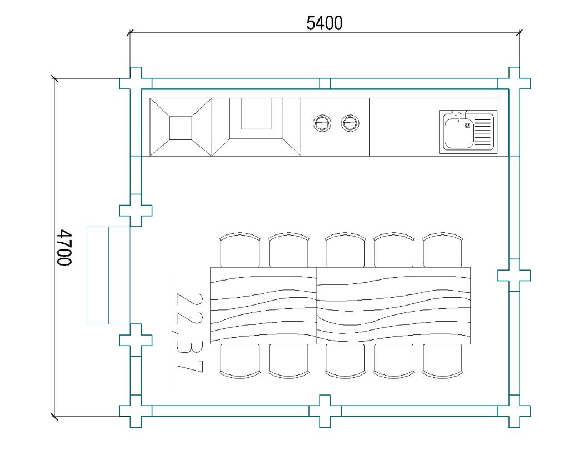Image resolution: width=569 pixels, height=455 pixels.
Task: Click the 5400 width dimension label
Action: click(x=325, y=23)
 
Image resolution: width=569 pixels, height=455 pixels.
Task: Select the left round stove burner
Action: click(x=322, y=123)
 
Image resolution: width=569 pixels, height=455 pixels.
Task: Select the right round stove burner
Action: click(x=350, y=123)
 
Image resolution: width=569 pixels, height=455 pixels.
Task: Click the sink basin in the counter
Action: click(x=458, y=132)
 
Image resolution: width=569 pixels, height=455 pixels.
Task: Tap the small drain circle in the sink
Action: click(x=467, y=126)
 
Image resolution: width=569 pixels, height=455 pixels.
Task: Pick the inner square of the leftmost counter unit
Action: click(x=181, y=128)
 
